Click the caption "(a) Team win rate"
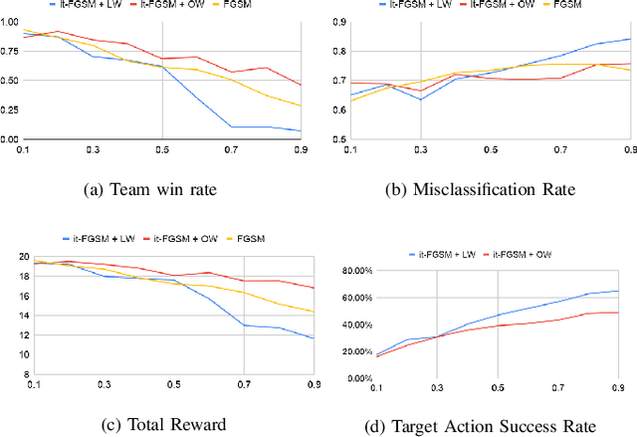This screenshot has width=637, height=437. click(163, 183)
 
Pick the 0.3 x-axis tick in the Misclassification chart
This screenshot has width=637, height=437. click(420, 149)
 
